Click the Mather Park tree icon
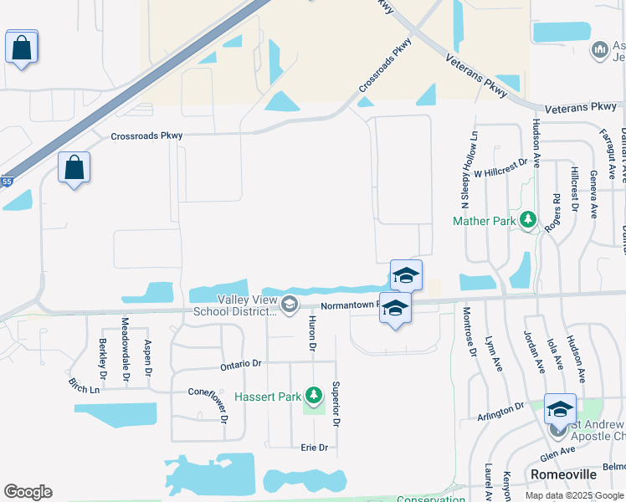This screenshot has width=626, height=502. pyautogui.click(x=528, y=221)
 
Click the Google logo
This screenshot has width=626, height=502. pyautogui.click(x=28, y=492)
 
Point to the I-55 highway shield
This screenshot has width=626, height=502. pyautogui.click(x=7, y=181)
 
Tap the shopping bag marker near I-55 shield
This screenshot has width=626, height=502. pyautogui.click(x=74, y=167)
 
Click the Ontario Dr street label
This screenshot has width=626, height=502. pyautogui.click(x=241, y=365)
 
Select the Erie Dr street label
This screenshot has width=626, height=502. pyautogui.click(x=314, y=448)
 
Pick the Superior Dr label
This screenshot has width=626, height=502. pyautogui.click(x=336, y=404)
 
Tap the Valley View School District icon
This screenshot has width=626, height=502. pyautogui.click(x=290, y=305)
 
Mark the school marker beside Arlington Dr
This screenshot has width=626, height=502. pyautogui.click(x=560, y=409)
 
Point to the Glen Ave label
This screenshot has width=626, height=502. pyautogui.click(x=557, y=452)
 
